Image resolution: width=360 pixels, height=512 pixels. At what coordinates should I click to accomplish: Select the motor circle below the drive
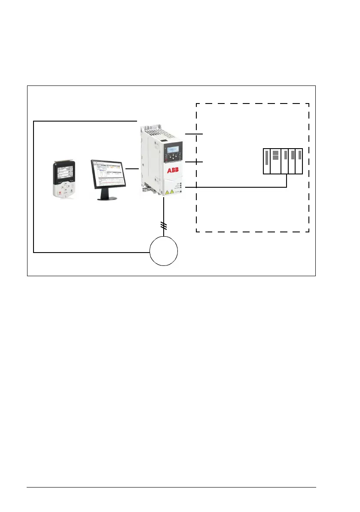coord(164,251)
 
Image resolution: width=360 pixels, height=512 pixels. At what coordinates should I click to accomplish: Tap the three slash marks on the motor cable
coord(164,225)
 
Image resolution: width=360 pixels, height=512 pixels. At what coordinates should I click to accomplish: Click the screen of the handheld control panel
coord(63,174)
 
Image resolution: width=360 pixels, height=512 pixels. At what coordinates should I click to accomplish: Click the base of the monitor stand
coord(107,198)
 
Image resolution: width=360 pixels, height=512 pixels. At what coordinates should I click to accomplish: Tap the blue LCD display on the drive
coord(173,149)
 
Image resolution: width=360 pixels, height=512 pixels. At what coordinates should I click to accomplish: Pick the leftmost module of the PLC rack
coord(266,161)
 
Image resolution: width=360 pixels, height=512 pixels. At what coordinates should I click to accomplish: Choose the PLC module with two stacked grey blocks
coord(276,161)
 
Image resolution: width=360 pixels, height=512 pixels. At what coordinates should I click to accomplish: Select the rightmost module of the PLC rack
coord(299,161)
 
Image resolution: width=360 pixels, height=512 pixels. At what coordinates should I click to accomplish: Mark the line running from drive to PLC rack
coord(236,187)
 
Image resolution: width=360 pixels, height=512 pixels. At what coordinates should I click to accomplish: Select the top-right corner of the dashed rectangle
coord(309,104)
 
